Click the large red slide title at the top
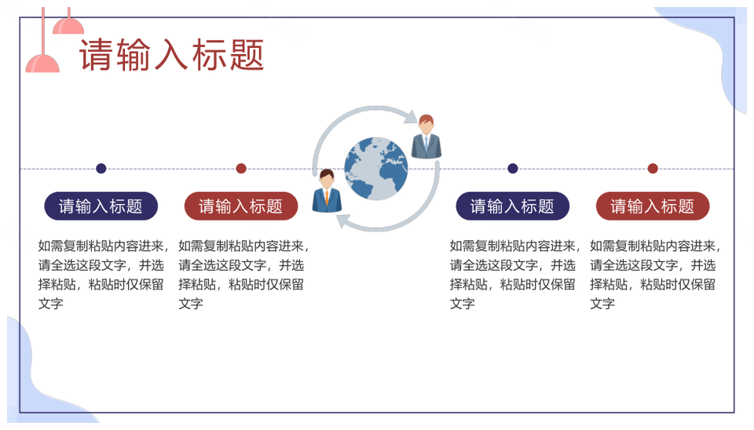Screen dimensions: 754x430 click(172, 55)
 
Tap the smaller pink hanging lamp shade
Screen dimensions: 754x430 click(68, 26)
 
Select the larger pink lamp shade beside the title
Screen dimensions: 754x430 click(42, 64)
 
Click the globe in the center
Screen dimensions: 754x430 click(376, 169)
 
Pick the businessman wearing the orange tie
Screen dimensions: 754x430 click(327, 191)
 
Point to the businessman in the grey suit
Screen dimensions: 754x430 click(426, 137)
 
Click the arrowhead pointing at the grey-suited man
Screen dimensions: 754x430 click(411, 117)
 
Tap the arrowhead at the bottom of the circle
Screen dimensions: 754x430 click(343, 221)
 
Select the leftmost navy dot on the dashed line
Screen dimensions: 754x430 click(101, 168)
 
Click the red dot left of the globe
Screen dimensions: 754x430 click(241, 168)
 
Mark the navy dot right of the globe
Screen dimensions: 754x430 click(513, 168)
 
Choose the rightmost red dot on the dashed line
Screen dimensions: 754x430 click(653, 168)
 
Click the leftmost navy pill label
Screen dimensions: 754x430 click(101, 206)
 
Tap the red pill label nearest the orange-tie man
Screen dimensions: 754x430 click(241, 206)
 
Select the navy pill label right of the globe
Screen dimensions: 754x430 click(513, 206)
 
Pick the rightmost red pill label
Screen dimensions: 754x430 click(653, 206)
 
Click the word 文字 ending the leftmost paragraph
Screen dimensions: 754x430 click(50, 304)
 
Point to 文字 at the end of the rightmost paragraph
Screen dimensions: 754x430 click(602, 304)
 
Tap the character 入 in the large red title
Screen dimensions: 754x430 click(171, 55)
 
